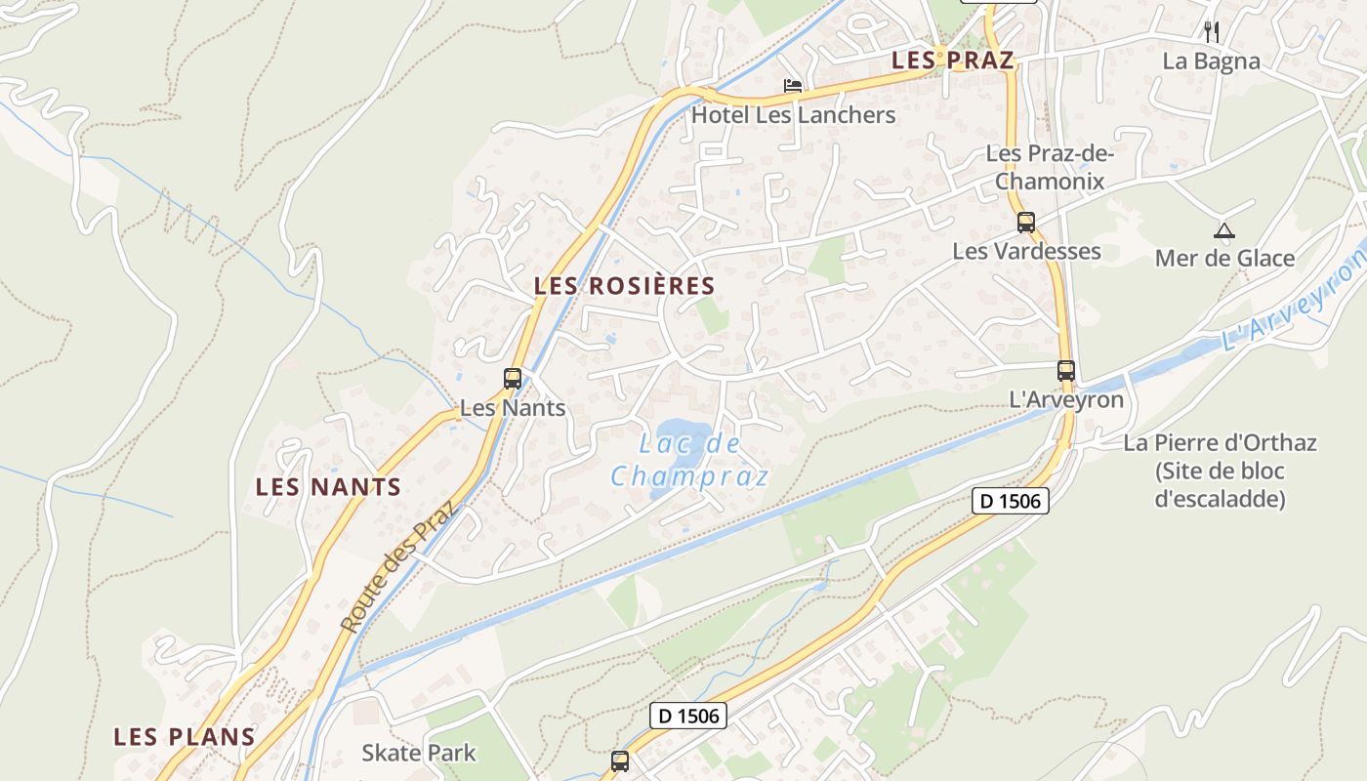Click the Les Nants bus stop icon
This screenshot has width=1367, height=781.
[x=513, y=379]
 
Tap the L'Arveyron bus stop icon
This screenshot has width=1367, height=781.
[x=1066, y=371]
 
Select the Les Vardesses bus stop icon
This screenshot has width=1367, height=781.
[x=1025, y=222]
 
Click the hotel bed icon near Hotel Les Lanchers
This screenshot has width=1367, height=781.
[x=793, y=87]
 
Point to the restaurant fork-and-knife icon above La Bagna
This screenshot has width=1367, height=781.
[x=1212, y=31]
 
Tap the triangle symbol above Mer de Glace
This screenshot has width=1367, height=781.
[x=1223, y=231]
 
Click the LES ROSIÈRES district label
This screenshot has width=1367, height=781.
[x=625, y=286]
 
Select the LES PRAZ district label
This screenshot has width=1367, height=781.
[x=953, y=61]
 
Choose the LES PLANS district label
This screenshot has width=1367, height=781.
[x=185, y=737]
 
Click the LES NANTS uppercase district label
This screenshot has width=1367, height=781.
[x=328, y=487]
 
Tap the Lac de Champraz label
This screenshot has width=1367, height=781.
[x=690, y=460]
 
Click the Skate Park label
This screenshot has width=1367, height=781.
[x=419, y=753]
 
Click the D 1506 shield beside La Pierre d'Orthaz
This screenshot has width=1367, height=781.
[x=1011, y=502]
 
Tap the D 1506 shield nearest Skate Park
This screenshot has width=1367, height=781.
[x=688, y=716]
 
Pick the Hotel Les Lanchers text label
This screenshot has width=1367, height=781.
[x=793, y=115]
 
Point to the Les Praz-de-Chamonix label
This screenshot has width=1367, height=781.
[x=1050, y=167]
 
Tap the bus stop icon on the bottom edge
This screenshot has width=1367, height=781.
[x=620, y=760]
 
